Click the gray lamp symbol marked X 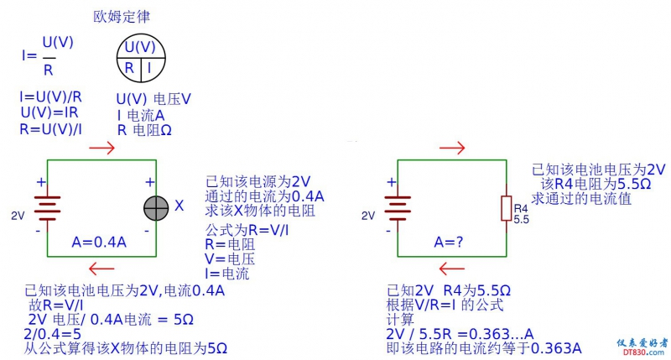[156, 206]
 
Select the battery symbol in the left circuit [47, 207]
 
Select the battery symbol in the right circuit [397, 207]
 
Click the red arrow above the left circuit [101, 148]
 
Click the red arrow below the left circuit [101, 269]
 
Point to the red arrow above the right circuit [452, 149]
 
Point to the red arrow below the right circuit [452, 269]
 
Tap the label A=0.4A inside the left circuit [99, 242]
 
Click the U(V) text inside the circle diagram [140, 47]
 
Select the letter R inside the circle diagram [130, 67]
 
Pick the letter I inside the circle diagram [148, 67]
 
